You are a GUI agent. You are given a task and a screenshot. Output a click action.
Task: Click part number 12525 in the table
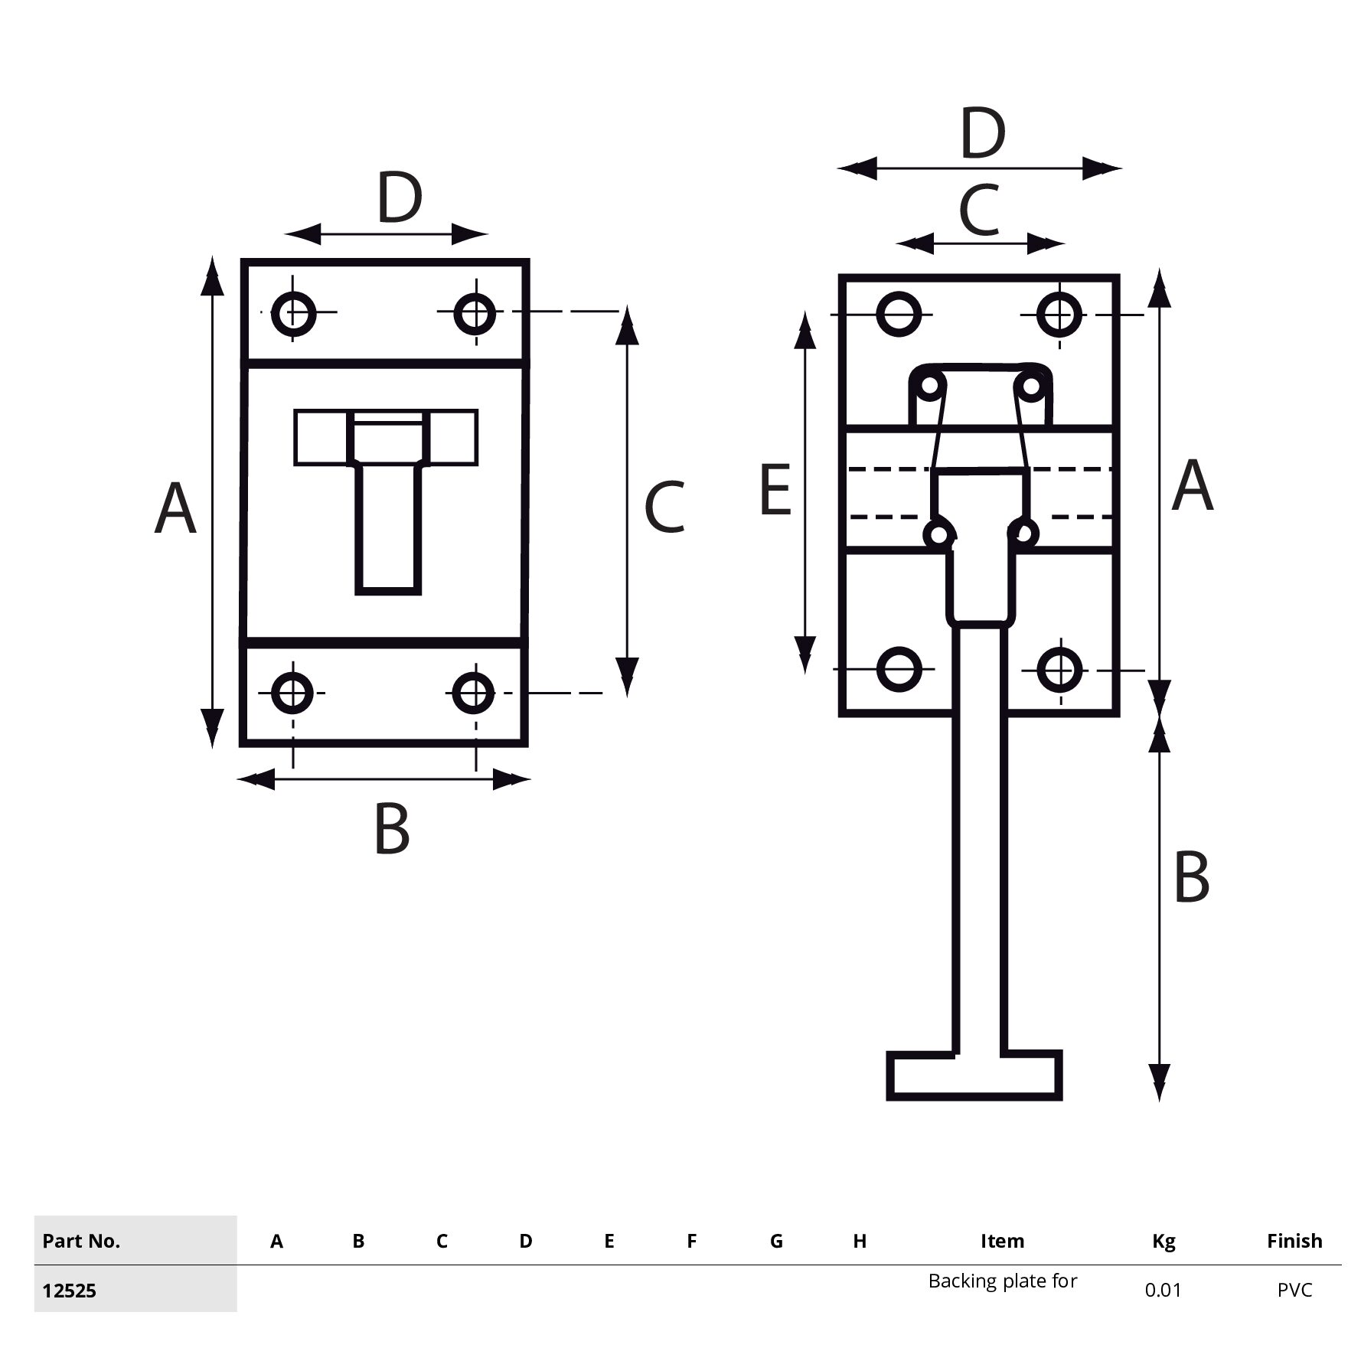(x=69, y=1291)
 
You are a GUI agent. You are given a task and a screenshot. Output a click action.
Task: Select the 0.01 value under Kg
(x=1163, y=1291)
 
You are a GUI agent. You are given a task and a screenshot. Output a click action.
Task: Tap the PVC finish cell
(x=1294, y=1291)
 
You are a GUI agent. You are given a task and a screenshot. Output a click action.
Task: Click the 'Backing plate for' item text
(x=1002, y=1281)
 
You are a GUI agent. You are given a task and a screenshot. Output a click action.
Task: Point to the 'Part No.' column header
(x=81, y=1241)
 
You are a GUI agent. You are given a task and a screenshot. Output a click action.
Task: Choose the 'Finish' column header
(x=1294, y=1241)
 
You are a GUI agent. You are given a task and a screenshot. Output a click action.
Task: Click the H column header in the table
(x=860, y=1241)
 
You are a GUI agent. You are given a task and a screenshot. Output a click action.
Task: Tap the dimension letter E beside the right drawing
(x=775, y=490)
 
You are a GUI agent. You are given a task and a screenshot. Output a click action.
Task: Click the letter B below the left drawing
(x=392, y=829)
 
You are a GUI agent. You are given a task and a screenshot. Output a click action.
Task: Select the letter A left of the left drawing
(x=175, y=508)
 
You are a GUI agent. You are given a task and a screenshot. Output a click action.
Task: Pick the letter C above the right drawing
(x=979, y=210)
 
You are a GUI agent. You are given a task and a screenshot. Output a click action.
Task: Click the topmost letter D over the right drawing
(x=982, y=134)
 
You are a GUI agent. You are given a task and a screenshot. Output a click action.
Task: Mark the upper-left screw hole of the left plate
(x=294, y=312)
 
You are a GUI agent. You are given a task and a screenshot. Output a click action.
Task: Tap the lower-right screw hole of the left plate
(x=474, y=693)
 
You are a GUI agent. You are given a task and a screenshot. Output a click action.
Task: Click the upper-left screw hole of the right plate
(x=898, y=314)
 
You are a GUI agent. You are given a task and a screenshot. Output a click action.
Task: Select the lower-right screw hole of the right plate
(x=1060, y=669)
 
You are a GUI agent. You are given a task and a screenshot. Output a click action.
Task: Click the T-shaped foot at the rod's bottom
(x=974, y=1075)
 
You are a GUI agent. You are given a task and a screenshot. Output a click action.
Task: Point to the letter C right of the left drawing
(x=664, y=507)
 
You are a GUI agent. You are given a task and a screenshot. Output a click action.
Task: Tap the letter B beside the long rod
(x=1191, y=877)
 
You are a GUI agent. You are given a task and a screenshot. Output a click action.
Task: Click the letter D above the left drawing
(x=400, y=198)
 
